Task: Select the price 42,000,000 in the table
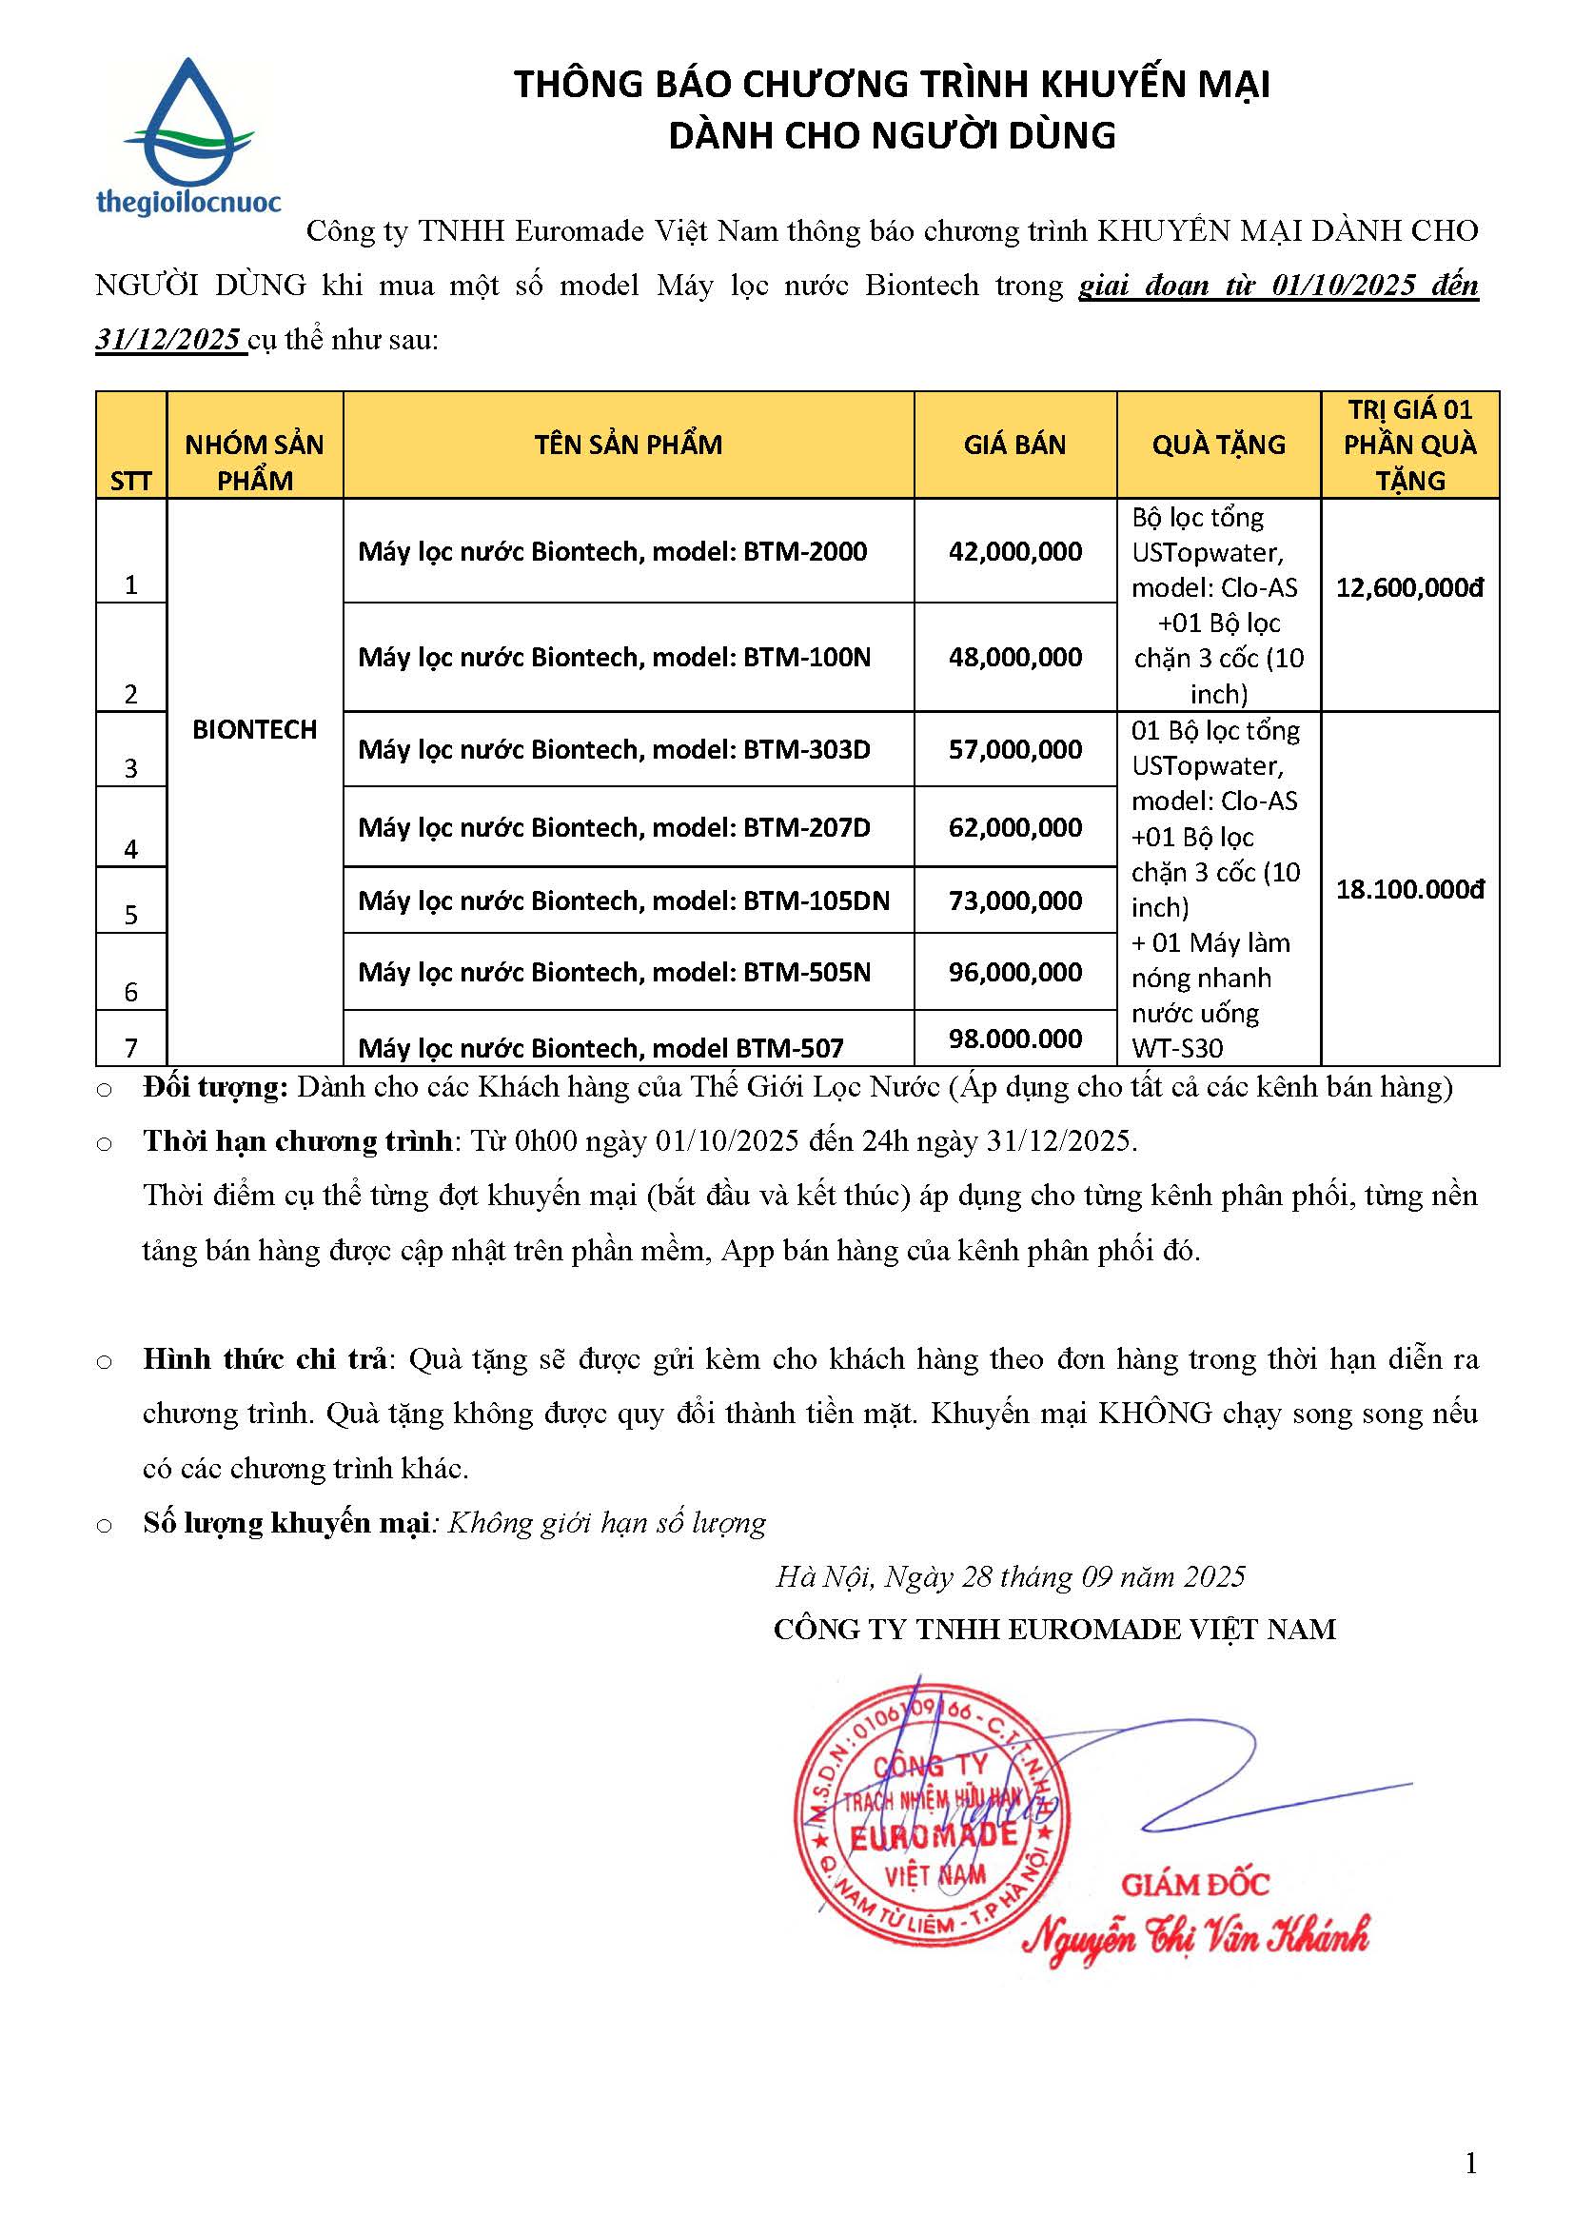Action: (x=1014, y=551)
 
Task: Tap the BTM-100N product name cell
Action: (x=615, y=657)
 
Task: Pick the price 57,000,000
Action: (x=1014, y=749)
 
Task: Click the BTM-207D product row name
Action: (x=615, y=827)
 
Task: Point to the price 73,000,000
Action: (x=1014, y=900)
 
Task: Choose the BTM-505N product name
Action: (x=615, y=971)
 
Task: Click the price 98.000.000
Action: (x=1014, y=1039)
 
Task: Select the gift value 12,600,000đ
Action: (x=1409, y=587)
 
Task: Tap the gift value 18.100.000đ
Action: (x=1409, y=889)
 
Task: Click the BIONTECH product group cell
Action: (x=254, y=729)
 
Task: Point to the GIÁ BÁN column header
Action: (x=1013, y=445)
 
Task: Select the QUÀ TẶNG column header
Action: (x=1218, y=445)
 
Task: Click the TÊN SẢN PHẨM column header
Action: (x=628, y=445)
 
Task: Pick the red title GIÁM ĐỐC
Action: (x=1194, y=1884)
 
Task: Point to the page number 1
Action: (x=1470, y=2163)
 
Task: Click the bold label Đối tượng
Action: (x=215, y=1087)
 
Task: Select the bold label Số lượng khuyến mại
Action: (x=285, y=1523)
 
